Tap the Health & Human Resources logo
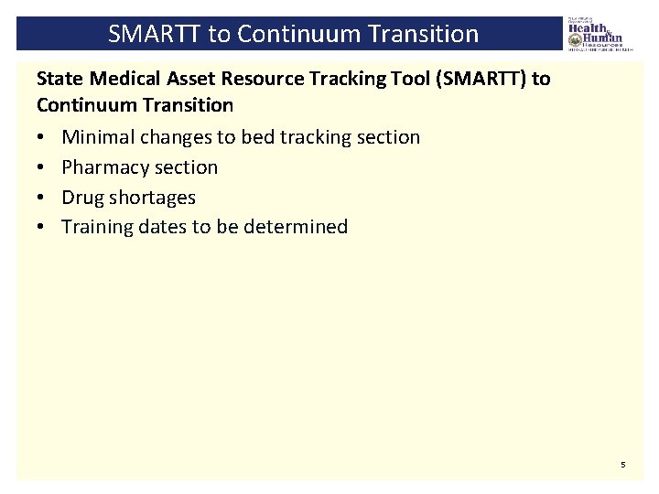point(595,34)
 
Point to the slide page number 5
point(623,465)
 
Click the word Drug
point(82,198)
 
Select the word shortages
point(152,198)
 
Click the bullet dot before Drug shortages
point(42,198)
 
